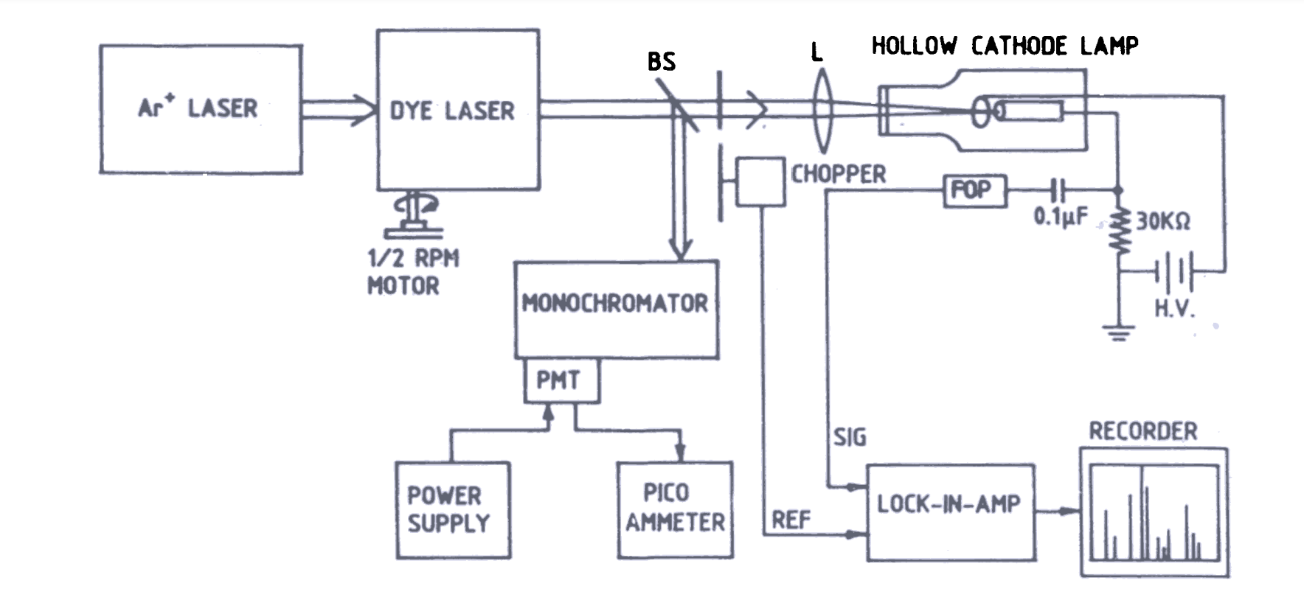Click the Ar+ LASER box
click(201, 109)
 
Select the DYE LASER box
click(457, 110)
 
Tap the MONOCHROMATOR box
click(616, 310)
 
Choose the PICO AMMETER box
click(675, 509)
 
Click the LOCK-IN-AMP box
click(950, 512)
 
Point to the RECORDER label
click(1142, 431)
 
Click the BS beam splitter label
click(661, 61)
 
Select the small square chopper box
click(760, 181)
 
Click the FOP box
click(974, 191)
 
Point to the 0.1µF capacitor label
click(1060, 216)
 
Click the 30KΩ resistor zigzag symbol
click(1120, 231)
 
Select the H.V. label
click(1173, 307)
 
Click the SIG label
click(850, 437)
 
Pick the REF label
click(791, 520)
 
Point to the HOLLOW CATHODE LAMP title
click(1005, 46)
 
